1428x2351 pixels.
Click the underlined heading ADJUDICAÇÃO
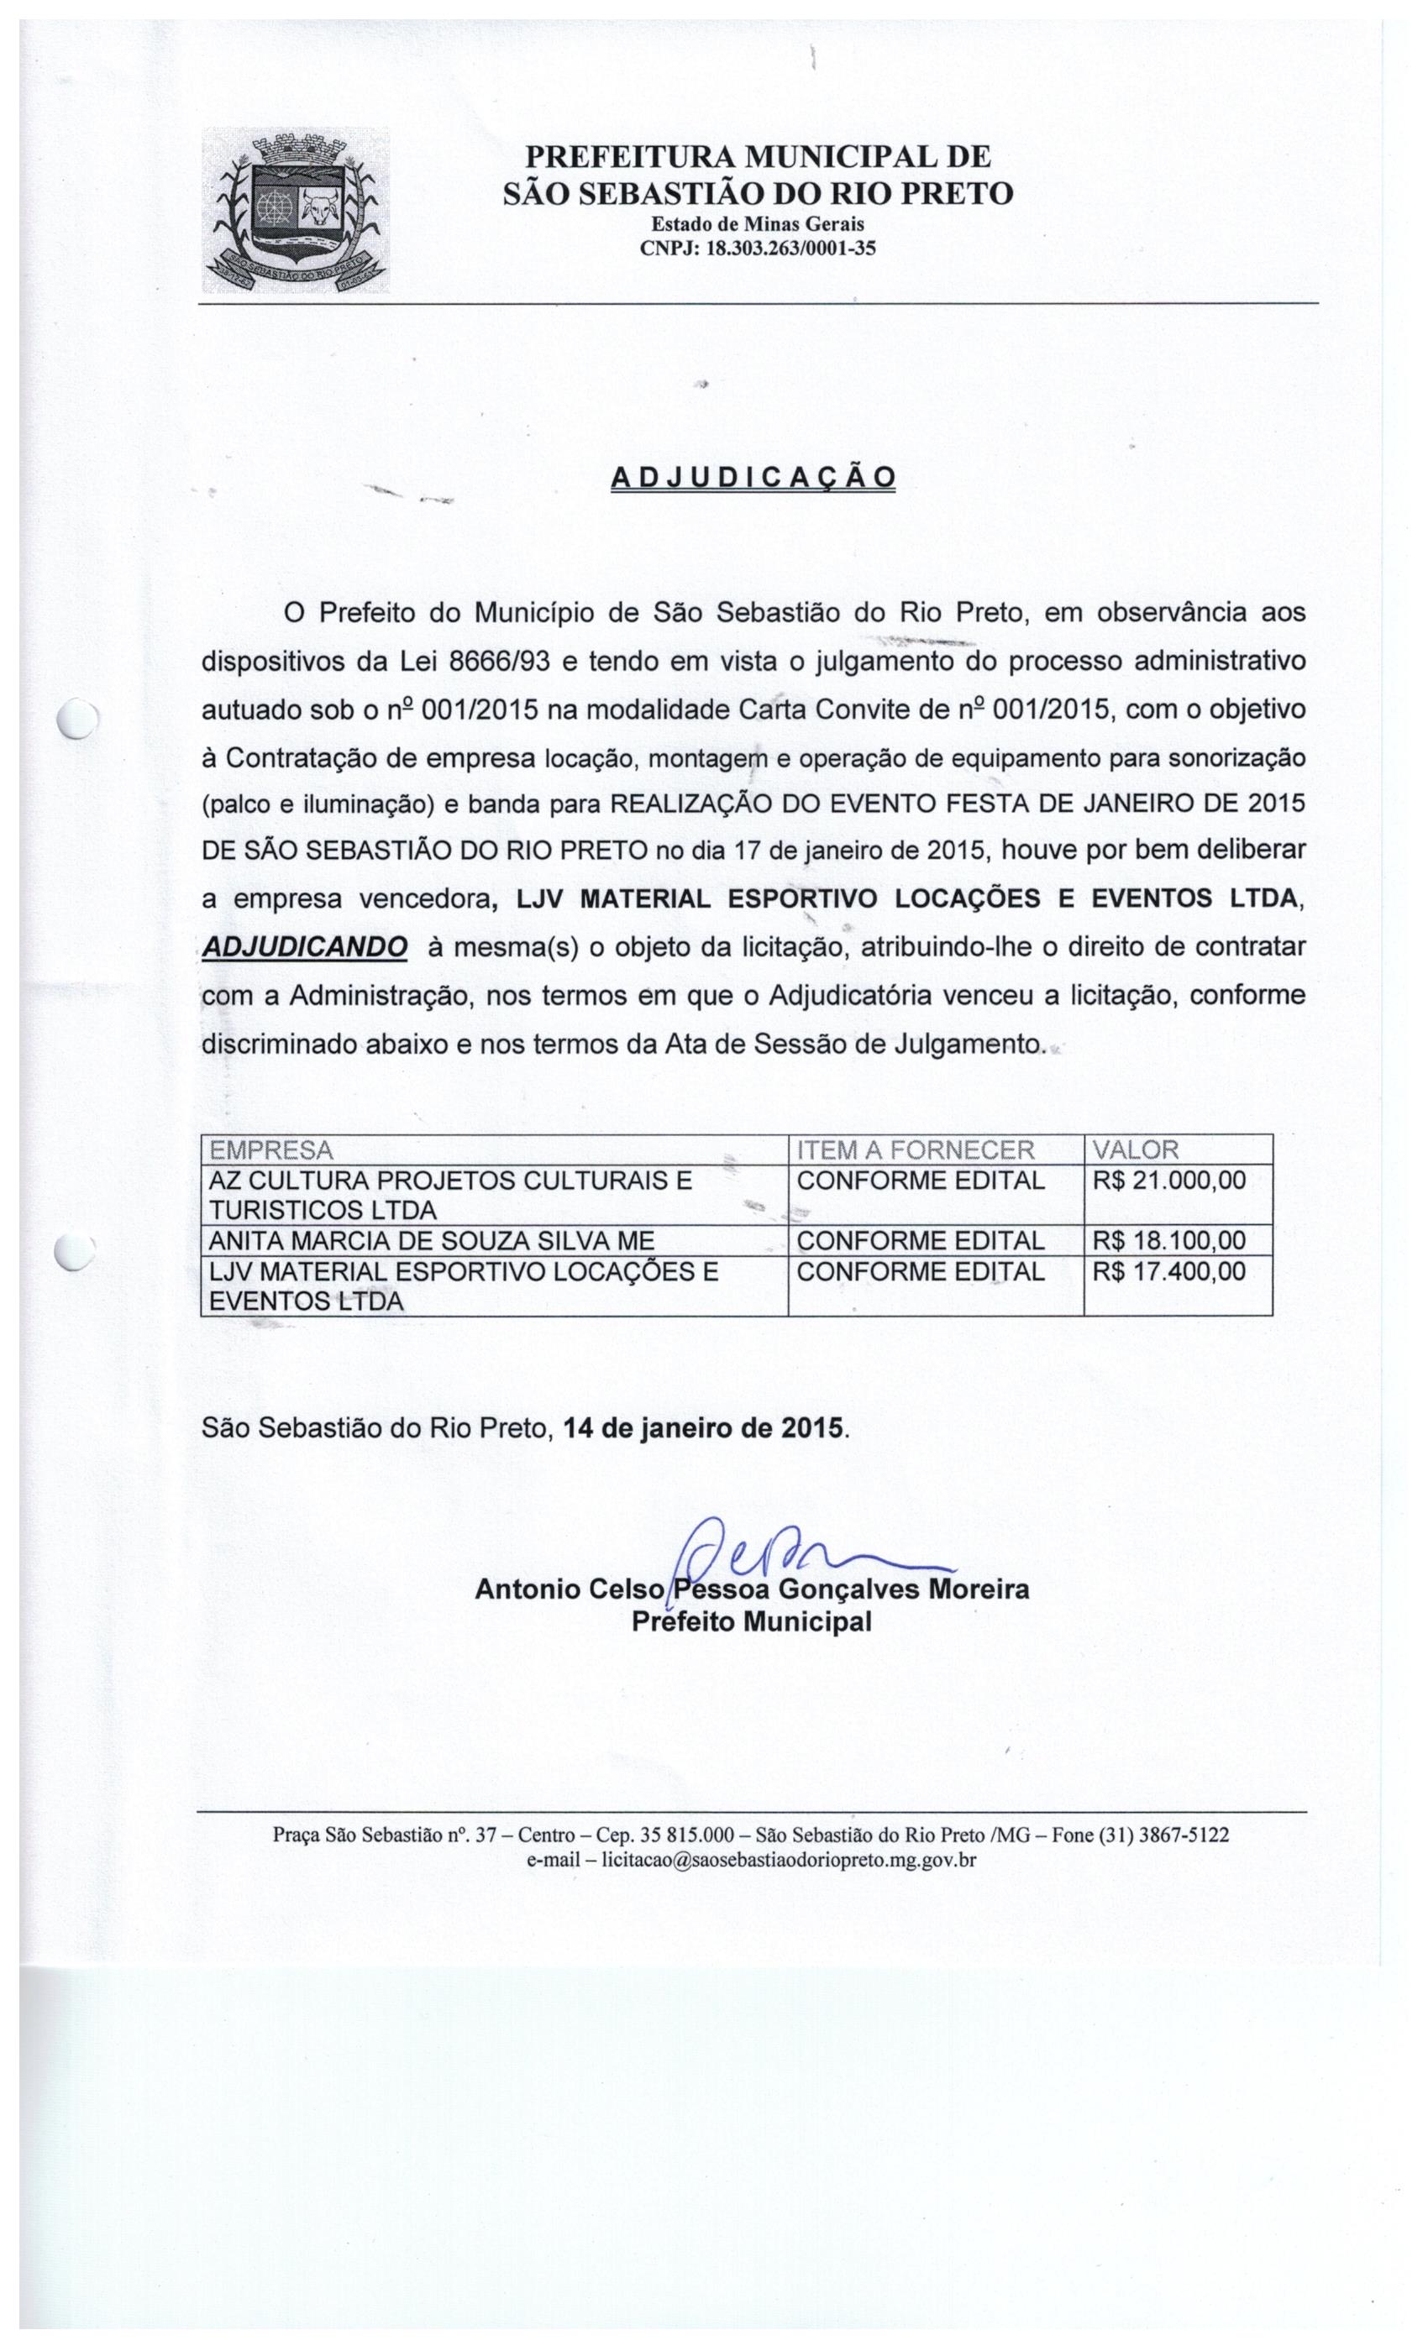(752, 477)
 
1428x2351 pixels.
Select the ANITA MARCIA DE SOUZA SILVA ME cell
(432, 1239)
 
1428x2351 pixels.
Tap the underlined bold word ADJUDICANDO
(306, 946)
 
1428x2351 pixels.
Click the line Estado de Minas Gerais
(757, 224)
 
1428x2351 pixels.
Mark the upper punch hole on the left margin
(76, 716)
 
